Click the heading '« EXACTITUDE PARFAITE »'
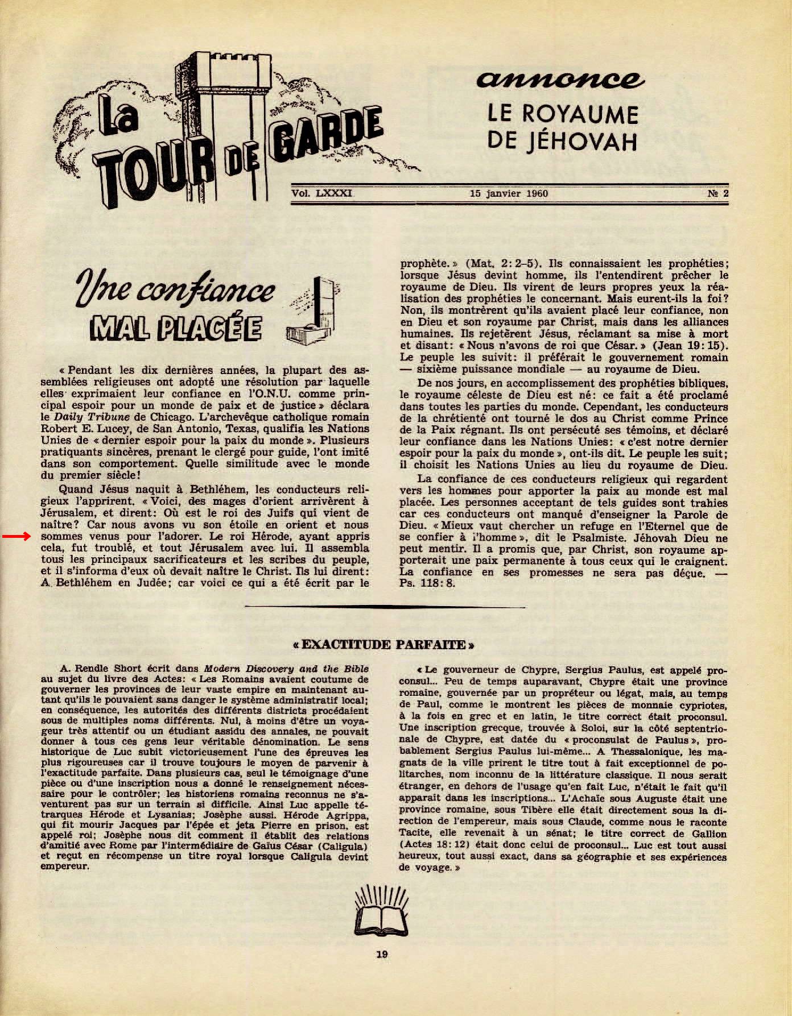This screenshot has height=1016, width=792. point(383,645)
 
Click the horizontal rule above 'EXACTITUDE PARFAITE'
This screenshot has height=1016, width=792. point(383,607)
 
